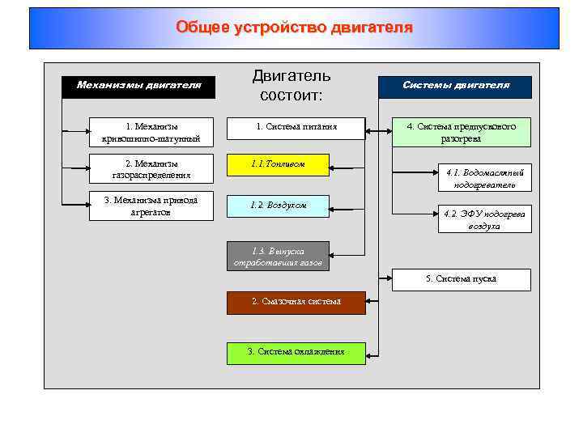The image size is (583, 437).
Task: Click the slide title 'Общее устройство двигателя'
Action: click(x=294, y=28)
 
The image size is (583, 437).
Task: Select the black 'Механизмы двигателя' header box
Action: click(x=139, y=85)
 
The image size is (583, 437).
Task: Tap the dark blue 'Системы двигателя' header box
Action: click(x=456, y=85)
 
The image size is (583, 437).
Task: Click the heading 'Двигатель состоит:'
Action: click(x=291, y=86)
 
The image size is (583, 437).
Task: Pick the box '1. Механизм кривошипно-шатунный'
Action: click(x=151, y=132)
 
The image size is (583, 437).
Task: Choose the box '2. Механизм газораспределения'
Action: click(x=151, y=168)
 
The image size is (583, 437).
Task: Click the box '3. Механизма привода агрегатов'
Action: click(x=151, y=206)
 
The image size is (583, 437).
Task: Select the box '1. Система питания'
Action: click(x=296, y=127)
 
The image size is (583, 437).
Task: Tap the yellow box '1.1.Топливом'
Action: click(x=278, y=164)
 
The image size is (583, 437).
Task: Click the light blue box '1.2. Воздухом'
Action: click(x=278, y=206)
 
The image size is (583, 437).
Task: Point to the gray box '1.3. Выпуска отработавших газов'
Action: click(x=278, y=257)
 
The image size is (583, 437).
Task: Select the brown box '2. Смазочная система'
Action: click(x=296, y=302)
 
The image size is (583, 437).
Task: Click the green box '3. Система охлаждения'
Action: click(x=296, y=351)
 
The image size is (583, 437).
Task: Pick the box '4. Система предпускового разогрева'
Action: click(x=462, y=132)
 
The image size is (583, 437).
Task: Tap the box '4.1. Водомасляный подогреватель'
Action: click(x=484, y=178)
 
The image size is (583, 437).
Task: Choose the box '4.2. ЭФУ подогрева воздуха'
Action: click(x=484, y=218)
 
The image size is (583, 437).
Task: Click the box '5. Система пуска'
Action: click(x=462, y=279)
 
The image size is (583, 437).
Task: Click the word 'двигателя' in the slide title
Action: click(x=372, y=28)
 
